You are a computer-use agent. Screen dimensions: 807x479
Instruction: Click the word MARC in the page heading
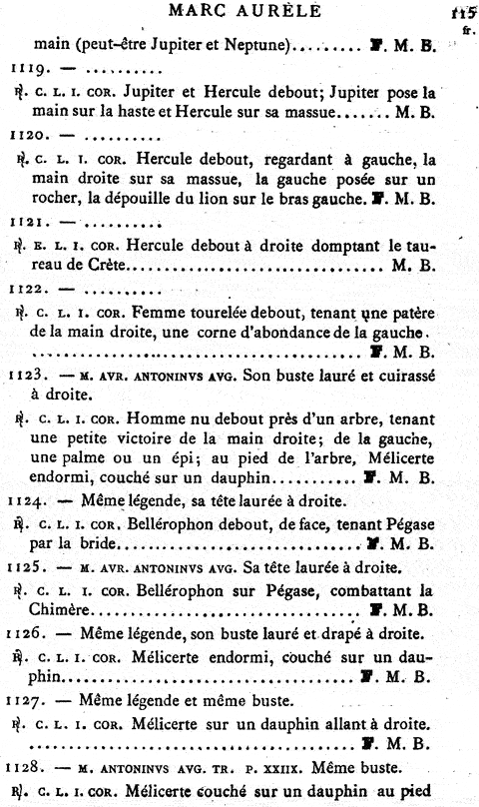[203, 11]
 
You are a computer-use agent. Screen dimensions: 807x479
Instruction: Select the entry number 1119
[26, 72]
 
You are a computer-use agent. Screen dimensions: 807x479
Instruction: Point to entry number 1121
[26, 224]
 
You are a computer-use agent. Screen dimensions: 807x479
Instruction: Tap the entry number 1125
[26, 567]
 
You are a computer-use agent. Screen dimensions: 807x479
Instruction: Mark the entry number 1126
[26, 632]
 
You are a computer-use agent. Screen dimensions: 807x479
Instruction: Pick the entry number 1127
[26, 699]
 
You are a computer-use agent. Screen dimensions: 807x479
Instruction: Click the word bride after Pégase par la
[99, 545]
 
